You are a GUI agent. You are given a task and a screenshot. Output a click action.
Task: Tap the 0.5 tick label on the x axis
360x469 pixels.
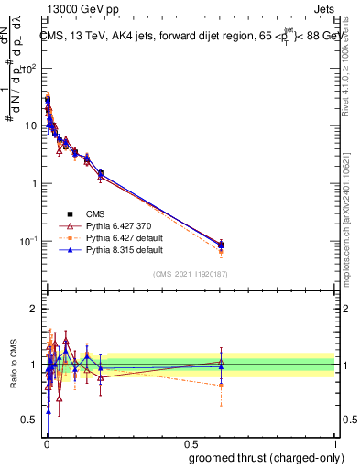point(191,444)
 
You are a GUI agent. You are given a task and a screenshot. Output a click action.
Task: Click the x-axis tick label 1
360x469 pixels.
point(334,444)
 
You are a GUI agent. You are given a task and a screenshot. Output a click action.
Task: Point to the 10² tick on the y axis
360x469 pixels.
point(31,68)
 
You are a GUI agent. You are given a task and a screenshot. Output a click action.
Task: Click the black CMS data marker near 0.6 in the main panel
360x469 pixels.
point(221,244)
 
